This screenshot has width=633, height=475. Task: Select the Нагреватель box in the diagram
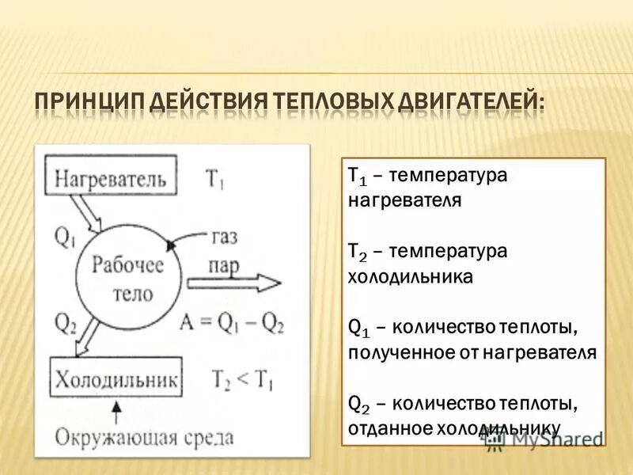111,177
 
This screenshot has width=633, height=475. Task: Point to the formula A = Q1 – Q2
231,322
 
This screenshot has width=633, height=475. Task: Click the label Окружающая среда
145,438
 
